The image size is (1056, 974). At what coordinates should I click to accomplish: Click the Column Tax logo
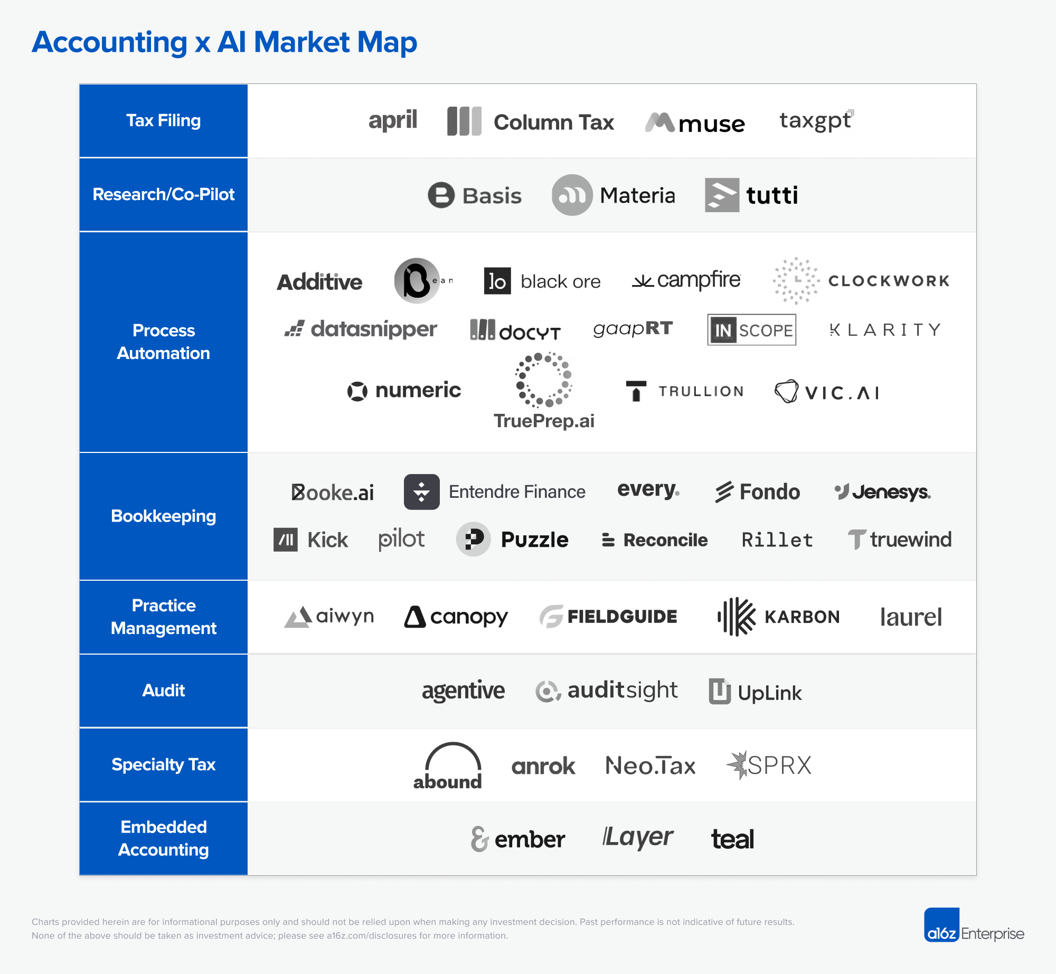pyautogui.click(x=530, y=122)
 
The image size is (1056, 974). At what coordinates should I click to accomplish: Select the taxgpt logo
pyautogui.click(x=816, y=121)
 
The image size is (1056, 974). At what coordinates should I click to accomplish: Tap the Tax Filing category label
pyautogui.click(x=163, y=121)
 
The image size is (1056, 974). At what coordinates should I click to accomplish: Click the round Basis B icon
pyautogui.click(x=441, y=195)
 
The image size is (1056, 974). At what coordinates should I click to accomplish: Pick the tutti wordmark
pyautogui.click(x=771, y=195)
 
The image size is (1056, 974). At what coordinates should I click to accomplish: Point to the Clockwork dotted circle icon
pyautogui.click(x=796, y=281)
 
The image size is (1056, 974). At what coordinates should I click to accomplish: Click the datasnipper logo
pyautogui.click(x=361, y=329)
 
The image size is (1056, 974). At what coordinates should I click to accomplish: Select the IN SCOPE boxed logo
pyautogui.click(x=751, y=330)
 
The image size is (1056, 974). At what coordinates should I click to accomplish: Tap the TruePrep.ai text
pyautogui.click(x=544, y=421)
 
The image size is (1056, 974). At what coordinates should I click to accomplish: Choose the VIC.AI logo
pyautogui.click(x=827, y=392)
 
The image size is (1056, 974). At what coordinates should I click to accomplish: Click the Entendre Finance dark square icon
pyautogui.click(x=421, y=492)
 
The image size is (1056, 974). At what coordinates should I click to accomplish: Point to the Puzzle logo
pyautogui.click(x=512, y=540)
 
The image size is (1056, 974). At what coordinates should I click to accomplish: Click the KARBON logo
pyautogui.click(x=778, y=617)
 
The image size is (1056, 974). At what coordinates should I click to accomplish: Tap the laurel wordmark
pyautogui.click(x=911, y=617)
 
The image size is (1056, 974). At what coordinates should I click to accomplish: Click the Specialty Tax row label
pyautogui.click(x=163, y=764)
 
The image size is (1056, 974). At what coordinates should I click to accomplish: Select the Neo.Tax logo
pyautogui.click(x=650, y=765)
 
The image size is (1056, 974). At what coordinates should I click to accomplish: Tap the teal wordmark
pyautogui.click(x=732, y=839)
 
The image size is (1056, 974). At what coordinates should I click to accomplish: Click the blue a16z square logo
pyautogui.click(x=941, y=925)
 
